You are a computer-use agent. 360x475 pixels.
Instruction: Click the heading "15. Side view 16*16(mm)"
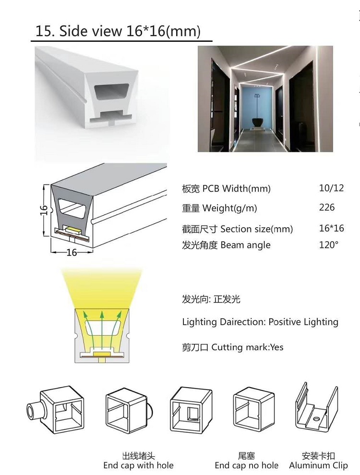coord(118,31)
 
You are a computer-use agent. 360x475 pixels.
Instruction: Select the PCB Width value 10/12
coord(331,188)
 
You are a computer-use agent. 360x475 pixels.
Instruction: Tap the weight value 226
coord(327,207)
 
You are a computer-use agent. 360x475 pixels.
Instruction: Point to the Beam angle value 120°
coord(328,244)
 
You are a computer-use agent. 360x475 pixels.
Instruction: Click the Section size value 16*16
coord(331,228)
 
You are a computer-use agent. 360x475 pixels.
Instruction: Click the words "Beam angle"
coord(246,245)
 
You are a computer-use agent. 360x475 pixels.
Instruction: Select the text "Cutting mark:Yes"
coord(247,347)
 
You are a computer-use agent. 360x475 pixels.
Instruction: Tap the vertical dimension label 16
coord(44,210)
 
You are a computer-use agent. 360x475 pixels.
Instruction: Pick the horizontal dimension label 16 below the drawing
coord(72,252)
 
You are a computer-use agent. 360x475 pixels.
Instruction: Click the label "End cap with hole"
coord(138,465)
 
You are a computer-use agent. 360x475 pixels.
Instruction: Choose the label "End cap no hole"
coord(246,465)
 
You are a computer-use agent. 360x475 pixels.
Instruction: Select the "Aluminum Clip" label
coord(318,465)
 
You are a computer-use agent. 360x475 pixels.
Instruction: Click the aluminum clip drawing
coord(316,411)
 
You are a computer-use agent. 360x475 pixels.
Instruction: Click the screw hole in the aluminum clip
coord(316,419)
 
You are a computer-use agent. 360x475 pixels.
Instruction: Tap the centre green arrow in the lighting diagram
coord(102,330)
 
